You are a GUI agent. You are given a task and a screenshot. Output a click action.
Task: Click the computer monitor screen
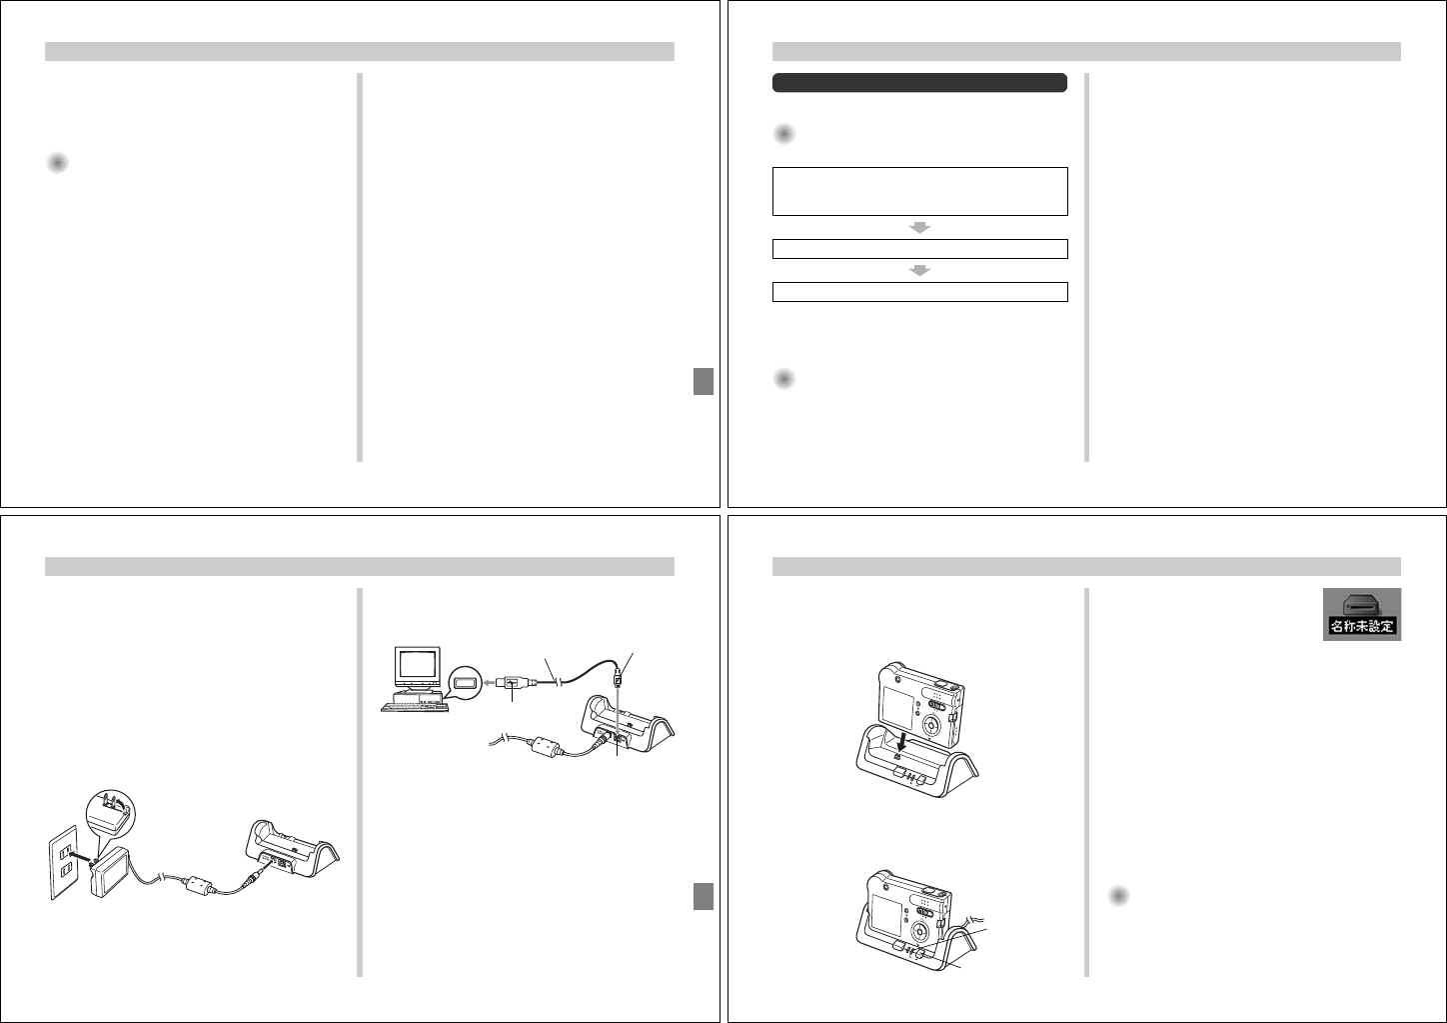point(418,663)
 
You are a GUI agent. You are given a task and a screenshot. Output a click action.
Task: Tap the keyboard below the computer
point(415,707)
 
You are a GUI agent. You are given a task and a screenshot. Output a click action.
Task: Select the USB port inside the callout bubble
point(465,682)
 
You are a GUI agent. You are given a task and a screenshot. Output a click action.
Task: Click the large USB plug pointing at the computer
point(516,682)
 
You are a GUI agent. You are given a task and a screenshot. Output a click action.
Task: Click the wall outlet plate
point(63,862)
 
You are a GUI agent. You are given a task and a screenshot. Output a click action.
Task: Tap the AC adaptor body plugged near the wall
point(111,871)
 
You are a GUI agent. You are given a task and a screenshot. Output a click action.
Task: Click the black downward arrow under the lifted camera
point(903,742)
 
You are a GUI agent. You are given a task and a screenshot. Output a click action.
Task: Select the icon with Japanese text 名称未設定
point(1362,614)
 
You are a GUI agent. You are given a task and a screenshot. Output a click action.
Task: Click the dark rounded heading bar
point(919,83)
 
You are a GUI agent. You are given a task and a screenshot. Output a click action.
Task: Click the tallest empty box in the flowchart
point(920,191)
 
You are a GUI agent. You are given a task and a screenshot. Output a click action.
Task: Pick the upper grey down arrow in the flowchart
point(920,227)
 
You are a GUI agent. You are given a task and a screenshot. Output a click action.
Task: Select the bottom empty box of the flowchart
point(920,292)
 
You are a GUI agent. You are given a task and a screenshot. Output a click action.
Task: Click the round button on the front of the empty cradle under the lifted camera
point(921,780)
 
